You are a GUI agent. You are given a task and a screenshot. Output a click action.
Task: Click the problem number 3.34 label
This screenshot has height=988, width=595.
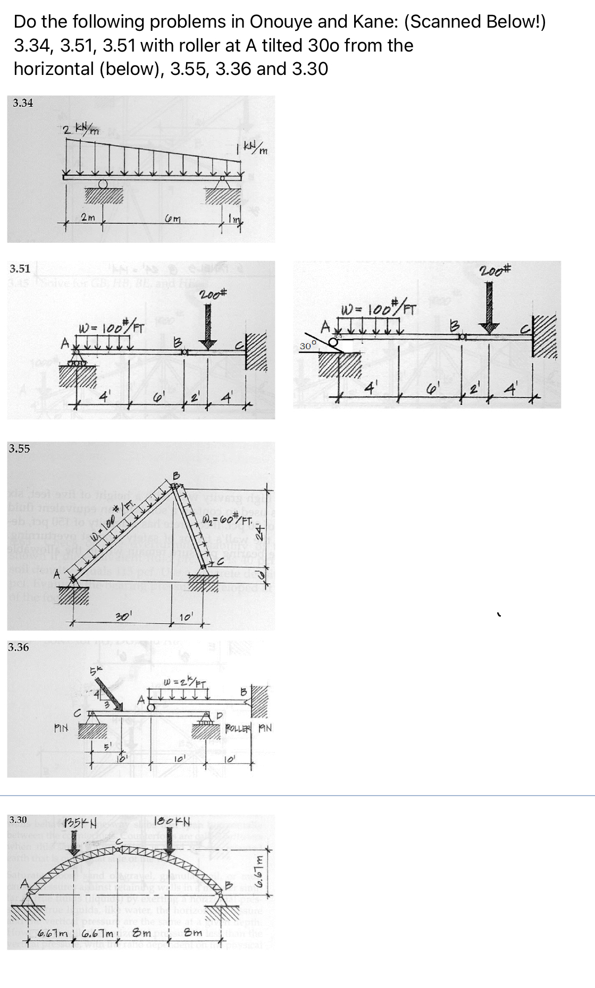coord(23,103)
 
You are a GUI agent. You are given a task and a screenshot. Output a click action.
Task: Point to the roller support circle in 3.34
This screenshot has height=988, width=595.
coord(103,184)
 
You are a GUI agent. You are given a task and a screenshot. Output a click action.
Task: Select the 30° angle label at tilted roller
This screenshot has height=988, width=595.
coord(308,346)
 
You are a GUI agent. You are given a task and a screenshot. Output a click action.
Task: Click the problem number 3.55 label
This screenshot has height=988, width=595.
coord(19,449)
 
